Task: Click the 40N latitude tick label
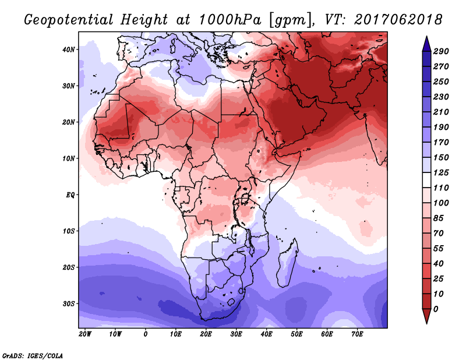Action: (68, 50)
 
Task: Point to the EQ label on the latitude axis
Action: (70, 195)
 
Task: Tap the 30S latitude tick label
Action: (68, 304)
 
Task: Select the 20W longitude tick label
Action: (85, 334)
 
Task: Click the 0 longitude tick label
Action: (145, 334)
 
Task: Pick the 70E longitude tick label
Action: (357, 334)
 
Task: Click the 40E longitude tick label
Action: (266, 334)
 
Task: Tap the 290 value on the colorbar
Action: (441, 51)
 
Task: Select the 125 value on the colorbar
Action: (441, 172)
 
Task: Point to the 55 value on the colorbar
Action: (439, 249)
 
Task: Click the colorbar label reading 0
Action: (436, 309)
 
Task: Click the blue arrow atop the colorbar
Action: (427, 44)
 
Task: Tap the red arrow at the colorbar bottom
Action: (427, 316)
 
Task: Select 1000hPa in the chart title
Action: (230, 20)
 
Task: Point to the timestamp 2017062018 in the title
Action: (398, 20)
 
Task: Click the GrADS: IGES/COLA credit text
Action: (33, 355)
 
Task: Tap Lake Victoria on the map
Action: (245, 198)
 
